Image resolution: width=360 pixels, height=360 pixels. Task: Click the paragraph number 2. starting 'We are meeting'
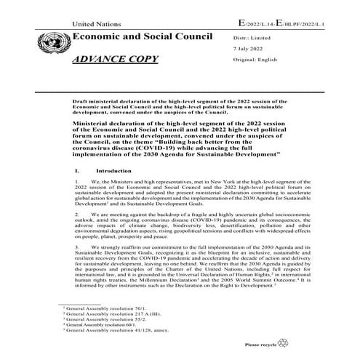(77, 215)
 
